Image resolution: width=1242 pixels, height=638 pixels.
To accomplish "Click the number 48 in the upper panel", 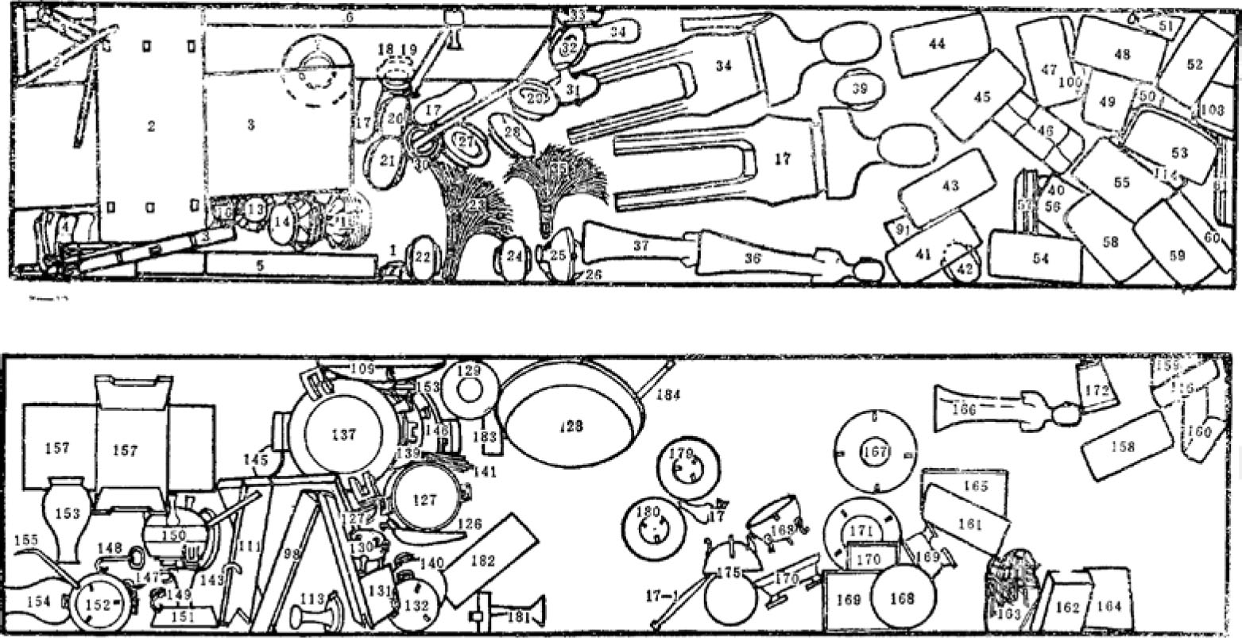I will coord(1121,55).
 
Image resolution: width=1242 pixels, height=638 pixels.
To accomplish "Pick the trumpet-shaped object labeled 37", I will coord(640,246).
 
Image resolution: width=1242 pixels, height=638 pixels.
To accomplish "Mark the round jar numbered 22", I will coord(424,257).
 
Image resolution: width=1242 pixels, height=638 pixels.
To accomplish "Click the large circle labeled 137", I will coord(344,434).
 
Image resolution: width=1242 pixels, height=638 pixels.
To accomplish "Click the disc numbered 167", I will coord(875,451).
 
